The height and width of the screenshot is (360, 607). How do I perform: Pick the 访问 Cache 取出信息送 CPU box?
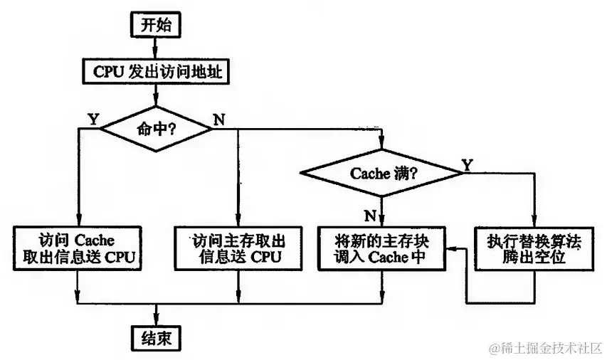[76, 248]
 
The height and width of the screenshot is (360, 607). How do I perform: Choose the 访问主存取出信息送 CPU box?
[238, 248]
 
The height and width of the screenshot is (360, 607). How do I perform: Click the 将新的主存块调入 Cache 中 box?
[381, 248]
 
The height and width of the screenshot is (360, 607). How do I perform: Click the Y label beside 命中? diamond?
[93, 118]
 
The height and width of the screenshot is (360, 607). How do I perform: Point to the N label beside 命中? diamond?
[218, 118]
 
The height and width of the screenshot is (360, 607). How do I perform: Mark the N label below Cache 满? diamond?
[370, 213]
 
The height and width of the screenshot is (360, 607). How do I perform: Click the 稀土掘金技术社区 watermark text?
[545, 348]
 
